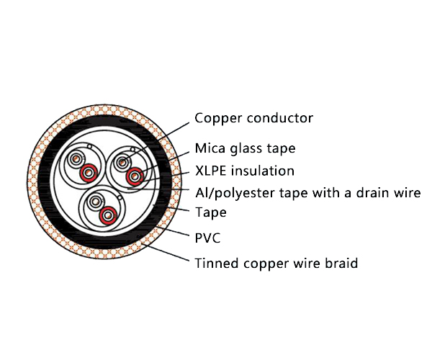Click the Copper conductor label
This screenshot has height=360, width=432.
coord(253,118)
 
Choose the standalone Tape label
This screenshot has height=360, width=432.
coord(211,212)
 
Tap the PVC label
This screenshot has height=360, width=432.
coord(209,237)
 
